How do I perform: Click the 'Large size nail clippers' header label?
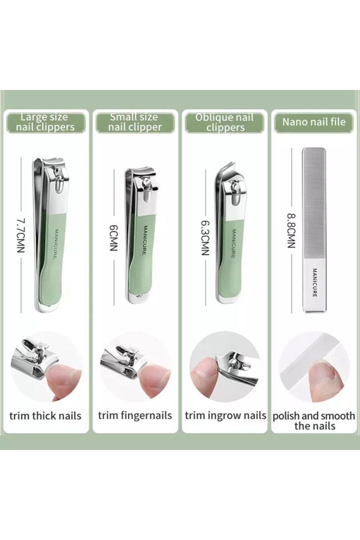[45, 122]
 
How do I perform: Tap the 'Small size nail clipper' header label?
[135, 122]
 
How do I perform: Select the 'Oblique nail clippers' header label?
[225, 122]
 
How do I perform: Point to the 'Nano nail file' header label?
[314, 122]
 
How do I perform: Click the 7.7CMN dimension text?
[21, 235]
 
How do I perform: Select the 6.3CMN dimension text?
[205, 238]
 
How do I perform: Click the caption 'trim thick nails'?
[45, 416]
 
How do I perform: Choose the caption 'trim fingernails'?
[135, 416]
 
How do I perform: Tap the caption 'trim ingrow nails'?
[226, 416]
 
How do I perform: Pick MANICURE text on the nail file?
[315, 283]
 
